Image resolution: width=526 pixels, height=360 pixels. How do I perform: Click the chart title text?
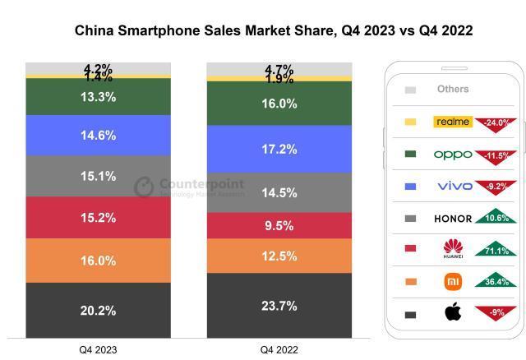(x=262, y=30)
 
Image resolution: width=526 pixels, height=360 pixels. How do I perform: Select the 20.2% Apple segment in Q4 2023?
(x=98, y=310)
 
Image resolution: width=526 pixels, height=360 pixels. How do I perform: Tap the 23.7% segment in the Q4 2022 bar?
(x=279, y=306)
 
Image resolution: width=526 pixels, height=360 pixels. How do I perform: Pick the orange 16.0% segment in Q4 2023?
(x=98, y=261)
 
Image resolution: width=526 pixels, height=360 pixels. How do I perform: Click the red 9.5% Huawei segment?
(x=279, y=226)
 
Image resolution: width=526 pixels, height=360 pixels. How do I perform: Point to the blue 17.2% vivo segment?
(x=279, y=150)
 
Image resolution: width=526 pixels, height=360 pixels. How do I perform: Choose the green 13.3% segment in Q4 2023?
(x=98, y=97)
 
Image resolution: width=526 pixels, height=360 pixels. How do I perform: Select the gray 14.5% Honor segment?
(x=279, y=193)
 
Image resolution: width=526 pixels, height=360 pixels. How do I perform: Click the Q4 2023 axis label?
(x=98, y=349)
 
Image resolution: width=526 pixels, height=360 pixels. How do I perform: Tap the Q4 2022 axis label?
(x=279, y=349)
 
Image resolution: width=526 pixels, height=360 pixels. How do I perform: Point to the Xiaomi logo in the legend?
(x=453, y=282)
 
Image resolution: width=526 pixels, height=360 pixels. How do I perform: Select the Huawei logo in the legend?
(x=453, y=247)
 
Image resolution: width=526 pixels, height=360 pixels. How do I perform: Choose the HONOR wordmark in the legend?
(x=453, y=219)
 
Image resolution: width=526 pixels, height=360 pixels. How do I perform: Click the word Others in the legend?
(x=453, y=89)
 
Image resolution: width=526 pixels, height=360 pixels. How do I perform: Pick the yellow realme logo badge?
(x=453, y=122)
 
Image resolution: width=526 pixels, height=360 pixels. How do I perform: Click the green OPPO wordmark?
(x=453, y=155)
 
